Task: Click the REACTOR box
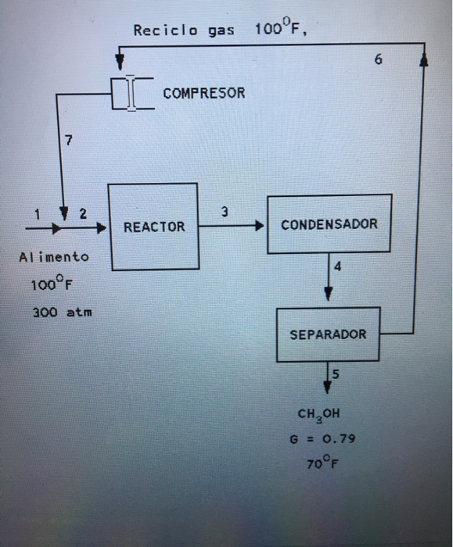point(153,227)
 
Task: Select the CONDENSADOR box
point(329,224)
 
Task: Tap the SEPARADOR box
point(328,334)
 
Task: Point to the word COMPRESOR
point(204,93)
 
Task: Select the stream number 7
point(69,141)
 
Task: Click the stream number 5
point(336,374)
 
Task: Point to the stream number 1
point(35,213)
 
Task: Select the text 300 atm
point(62,312)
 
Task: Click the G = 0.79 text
point(322,438)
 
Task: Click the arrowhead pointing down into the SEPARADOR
point(328,295)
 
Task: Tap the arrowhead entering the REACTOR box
point(102,228)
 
